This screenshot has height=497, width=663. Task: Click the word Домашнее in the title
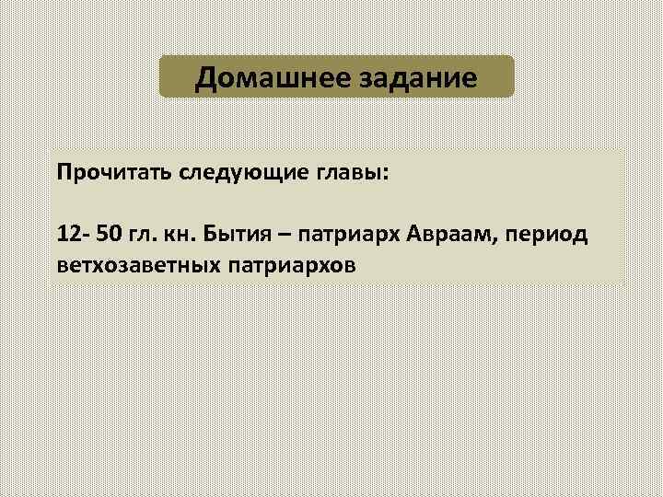click(269, 77)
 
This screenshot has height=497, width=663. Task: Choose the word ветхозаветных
click(134, 264)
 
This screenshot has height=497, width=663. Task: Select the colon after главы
click(386, 176)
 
